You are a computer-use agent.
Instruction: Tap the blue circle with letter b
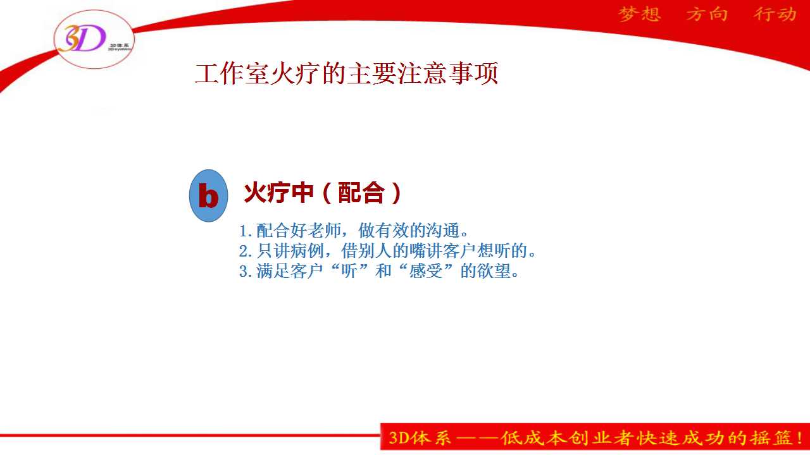(209, 196)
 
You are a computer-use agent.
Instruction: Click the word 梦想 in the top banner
(640, 15)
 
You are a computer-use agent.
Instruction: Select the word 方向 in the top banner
(707, 15)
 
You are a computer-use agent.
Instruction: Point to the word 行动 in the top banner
(775, 15)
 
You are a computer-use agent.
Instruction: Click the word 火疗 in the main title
(296, 73)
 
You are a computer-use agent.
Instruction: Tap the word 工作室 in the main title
(232, 73)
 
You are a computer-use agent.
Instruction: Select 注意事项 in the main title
(448, 73)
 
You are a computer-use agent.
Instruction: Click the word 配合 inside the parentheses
(361, 193)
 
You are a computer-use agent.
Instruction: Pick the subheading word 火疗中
(278, 193)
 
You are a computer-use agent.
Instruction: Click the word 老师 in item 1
(325, 231)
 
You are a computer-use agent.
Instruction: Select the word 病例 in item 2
(307, 251)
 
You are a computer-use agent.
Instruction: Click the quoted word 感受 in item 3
(426, 271)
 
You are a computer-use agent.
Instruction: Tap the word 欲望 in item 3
(494, 271)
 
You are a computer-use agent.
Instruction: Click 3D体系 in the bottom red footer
(420, 438)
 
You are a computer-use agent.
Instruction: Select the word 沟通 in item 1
(443, 231)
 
